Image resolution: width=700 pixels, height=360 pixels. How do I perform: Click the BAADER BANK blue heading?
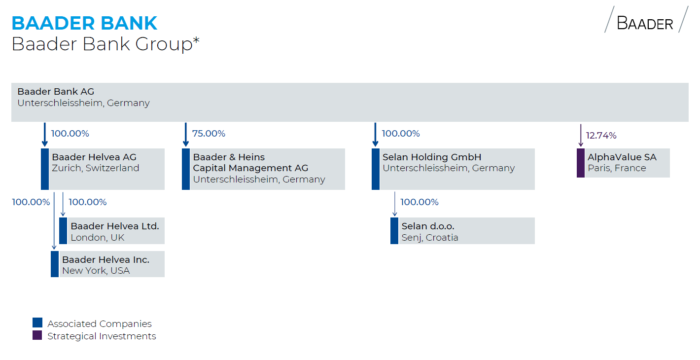(x=84, y=24)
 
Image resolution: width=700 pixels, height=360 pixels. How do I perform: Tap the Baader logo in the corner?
(x=646, y=19)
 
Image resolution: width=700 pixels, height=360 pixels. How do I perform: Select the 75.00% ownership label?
(x=209, y=134)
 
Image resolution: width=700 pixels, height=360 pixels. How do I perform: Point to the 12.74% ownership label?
(x=601, y=135)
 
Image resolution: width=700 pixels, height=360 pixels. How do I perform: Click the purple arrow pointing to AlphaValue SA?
(x=581, y=135)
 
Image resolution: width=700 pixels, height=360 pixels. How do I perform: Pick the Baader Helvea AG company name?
(x=94, y=157)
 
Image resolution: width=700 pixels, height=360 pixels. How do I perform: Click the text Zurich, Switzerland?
(x=95, y=168)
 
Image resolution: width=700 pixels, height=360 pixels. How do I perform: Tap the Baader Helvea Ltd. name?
(x=115, y=226)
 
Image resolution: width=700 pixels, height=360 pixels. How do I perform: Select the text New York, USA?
(x=96, y=271)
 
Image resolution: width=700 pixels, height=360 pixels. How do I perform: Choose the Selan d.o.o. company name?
(x=428, y=226)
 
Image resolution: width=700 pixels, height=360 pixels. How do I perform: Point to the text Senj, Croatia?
(x=430, y=238)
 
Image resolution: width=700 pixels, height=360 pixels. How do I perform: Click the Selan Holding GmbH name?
(x=432, y=157)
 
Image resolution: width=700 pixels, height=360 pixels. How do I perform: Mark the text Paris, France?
(x=617, y=168)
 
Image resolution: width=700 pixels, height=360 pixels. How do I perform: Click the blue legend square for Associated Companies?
(x=37, y=323)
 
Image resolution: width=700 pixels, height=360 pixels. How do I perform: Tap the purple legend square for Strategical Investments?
(x=37, y=335)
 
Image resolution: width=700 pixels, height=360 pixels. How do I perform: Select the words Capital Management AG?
(x=250, y=168)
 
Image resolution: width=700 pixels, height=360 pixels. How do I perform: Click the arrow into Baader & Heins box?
(x=186, y=135)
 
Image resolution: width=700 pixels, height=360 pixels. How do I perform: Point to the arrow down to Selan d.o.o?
(x=395, y=204)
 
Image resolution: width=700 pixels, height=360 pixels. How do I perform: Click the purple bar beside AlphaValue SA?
(x=581, y=163)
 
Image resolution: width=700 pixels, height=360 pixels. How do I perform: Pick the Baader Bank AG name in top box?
(x=56, y=92)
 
